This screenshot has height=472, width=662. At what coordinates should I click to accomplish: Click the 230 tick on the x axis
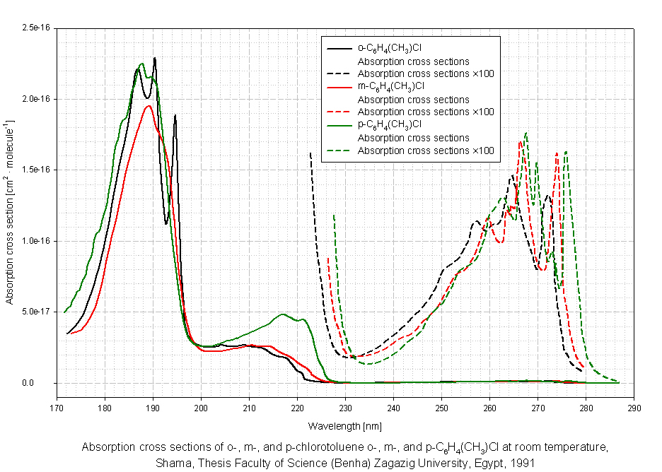coord(345,408)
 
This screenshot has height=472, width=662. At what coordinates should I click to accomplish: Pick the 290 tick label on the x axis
coord(634,408)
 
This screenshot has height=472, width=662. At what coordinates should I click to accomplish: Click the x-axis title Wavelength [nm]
coord(344,427)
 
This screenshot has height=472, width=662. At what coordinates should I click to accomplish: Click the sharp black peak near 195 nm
coord(175,115)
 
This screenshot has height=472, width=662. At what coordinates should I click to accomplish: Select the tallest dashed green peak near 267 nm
coord(526,133)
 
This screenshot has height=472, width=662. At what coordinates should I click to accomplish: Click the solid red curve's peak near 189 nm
coord(149,106)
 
